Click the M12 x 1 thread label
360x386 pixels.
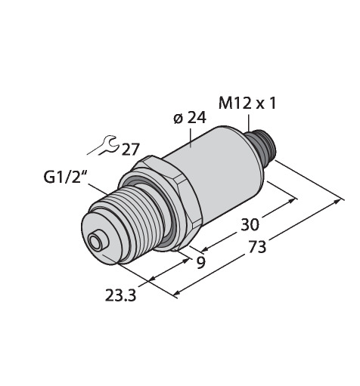[x=247, y=103]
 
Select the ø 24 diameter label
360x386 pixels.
[x=190, y=118]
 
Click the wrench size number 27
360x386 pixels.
[x=130, y=150]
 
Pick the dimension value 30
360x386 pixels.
[x=250, y=224]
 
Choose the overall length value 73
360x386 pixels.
[x=257, y=247]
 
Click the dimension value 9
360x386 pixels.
[x=200, y=263]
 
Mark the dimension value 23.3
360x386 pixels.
[x=120, y=295]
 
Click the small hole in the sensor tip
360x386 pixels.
[x=95, y=242]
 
